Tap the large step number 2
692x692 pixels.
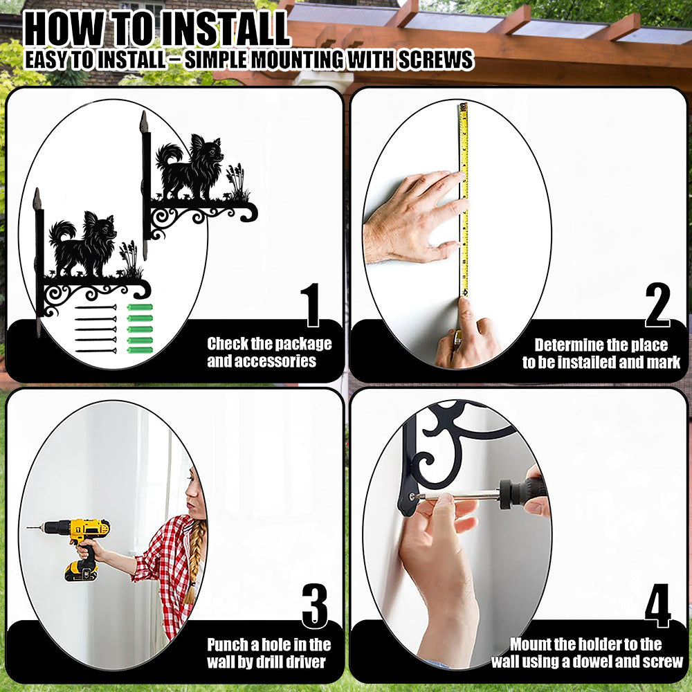[657, 304]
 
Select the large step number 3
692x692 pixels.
[315, 605]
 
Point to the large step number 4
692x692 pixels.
[658, 605]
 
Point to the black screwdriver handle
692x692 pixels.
[523, 493]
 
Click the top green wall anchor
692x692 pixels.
[140, 307]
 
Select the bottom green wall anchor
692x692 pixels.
[140, 350]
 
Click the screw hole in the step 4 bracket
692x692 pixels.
[412, 496]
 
